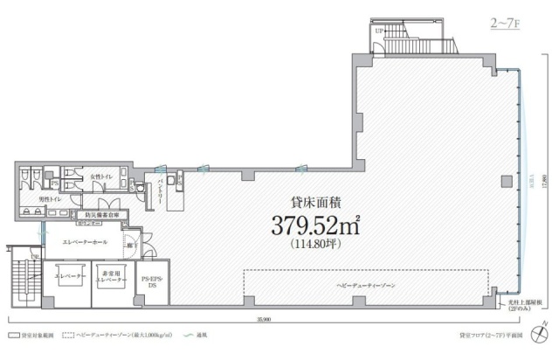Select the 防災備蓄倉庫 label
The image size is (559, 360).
point(101,214)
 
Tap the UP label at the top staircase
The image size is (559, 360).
point(379,32)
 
